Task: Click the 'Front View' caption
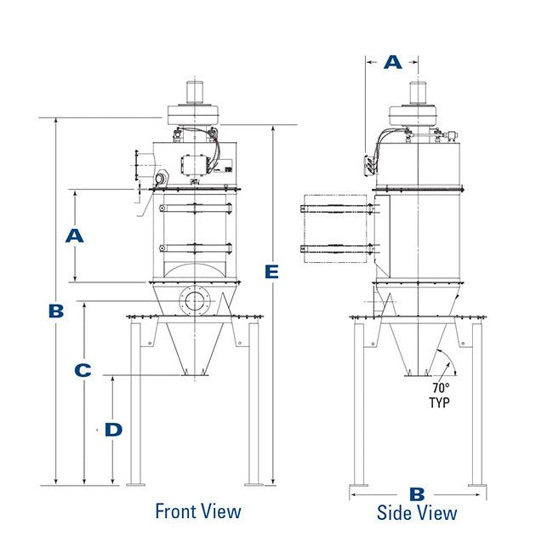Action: point(197,511)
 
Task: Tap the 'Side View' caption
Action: point(417,512)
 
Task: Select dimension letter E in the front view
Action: point(271,271)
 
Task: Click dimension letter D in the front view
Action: point(113,430)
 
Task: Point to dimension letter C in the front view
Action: point(83,371)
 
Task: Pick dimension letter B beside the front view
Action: point(56,311)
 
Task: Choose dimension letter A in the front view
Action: point(75,236)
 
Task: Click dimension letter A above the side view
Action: point(392,62)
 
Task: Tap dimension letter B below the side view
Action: point(417,493)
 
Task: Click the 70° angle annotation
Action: point(440,387)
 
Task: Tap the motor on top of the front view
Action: point(194,89)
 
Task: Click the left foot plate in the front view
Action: point(135,484)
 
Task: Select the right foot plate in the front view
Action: point(254,484)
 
